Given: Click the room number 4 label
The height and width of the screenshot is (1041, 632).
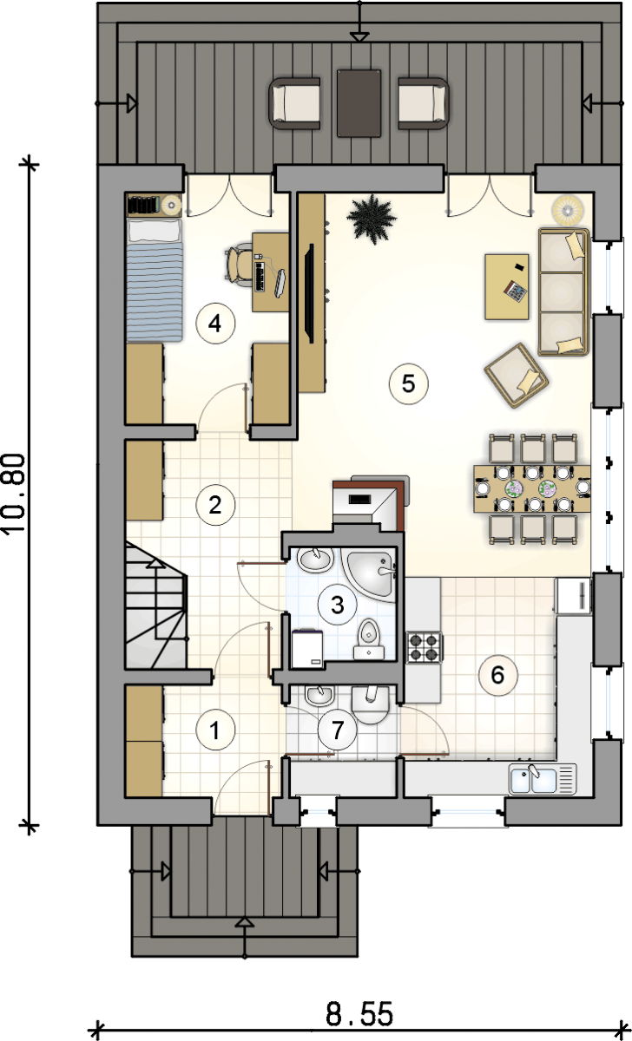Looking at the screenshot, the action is (x=215, y=324).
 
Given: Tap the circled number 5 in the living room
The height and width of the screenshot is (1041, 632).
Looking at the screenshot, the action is (x=408, y=383).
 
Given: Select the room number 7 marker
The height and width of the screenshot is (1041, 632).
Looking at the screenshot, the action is (x=337, y=730).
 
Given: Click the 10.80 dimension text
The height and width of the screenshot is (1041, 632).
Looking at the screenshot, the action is (x=14, y=494).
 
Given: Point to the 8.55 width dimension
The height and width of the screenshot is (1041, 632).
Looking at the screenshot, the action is (x=359, y=1013).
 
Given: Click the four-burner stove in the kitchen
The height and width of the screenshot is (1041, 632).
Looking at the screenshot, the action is (x=425, y=647).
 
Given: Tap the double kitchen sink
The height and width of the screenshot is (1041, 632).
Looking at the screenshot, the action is (x=543, y=779).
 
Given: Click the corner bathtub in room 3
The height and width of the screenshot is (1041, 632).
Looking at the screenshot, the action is (x=370, y=574).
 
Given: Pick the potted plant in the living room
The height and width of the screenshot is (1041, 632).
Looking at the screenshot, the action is (x=372, y=219).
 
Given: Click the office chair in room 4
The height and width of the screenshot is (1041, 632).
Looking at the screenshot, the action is (x=240, y=264).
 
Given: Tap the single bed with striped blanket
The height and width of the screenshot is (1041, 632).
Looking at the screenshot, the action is (x=155, y=280).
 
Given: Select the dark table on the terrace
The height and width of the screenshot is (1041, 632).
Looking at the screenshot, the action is (x=359, y=103).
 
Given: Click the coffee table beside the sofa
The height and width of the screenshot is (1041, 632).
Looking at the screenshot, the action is (x=506, y=286).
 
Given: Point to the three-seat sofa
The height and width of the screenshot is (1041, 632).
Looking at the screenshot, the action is (x=563, y=291).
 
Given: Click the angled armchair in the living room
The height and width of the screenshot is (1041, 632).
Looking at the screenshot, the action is (x=517, y=376).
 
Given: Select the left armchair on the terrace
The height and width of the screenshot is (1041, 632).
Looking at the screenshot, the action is (x=295, y=103).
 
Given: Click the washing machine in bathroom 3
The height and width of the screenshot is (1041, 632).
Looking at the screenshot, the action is (x=307, y=649).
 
